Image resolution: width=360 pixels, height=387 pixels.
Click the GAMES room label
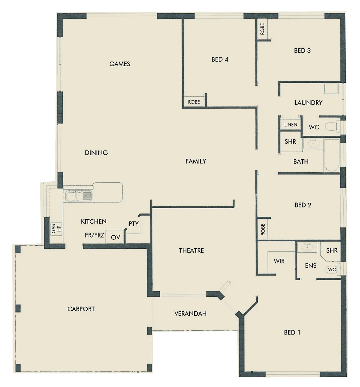point(120,64)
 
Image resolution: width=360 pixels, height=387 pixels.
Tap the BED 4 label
point(220,59)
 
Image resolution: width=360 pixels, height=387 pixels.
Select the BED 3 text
point(302,51)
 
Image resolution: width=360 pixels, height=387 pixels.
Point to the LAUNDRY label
point(308,103)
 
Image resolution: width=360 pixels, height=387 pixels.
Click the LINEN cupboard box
point(290,124)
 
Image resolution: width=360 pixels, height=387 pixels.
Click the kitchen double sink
point(79,196)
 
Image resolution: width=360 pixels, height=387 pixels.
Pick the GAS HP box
point(56,229)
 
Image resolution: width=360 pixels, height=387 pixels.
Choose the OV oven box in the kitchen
point(115,237)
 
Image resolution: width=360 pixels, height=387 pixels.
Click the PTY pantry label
point(133,224)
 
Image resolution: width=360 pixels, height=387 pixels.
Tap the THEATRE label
point(191,250)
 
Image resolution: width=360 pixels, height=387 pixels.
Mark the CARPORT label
point(81,309)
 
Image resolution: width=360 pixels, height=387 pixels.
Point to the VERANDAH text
point(190,314)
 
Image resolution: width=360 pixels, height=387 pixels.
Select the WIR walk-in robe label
point(279,261)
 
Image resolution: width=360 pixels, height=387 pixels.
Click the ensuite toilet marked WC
point(331,269)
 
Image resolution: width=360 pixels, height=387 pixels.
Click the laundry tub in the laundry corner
point(331,89)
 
